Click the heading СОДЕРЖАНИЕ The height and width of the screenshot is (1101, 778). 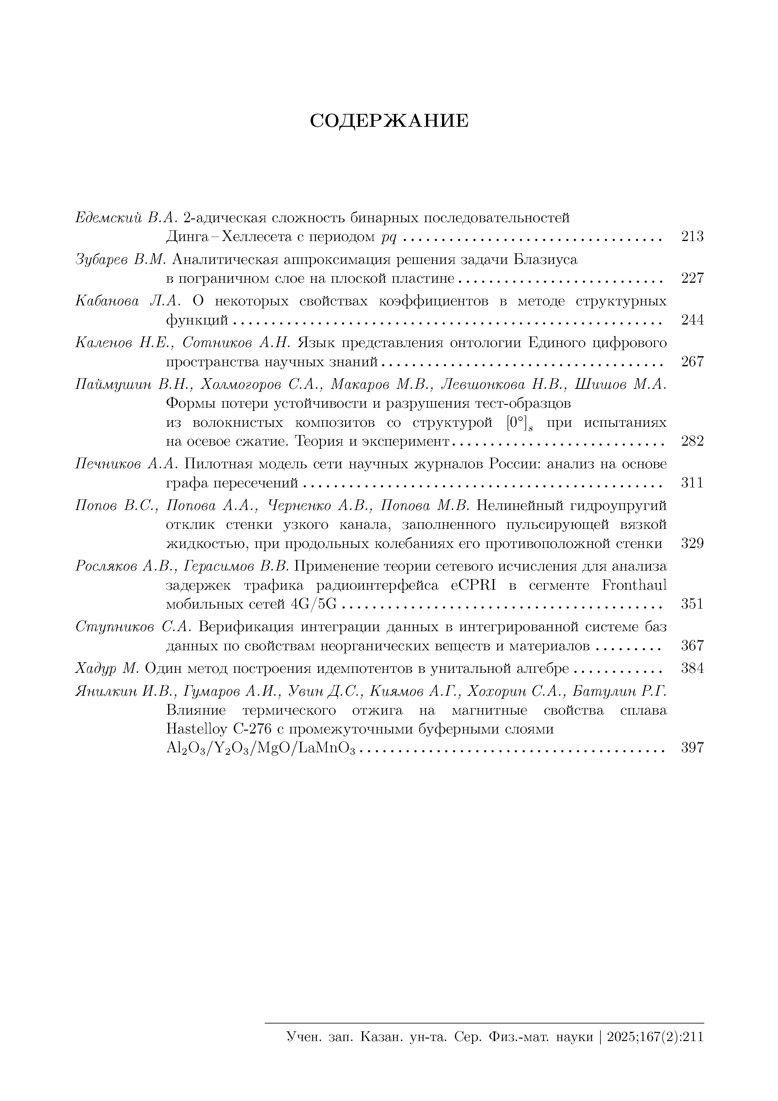pyautogui.click(x=389, y=121)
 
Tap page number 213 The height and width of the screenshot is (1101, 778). pyautogui.click(x=692, y=236)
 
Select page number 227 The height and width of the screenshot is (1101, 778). pyautogui.click(x=692, y=278)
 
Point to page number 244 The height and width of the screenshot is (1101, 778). pyautogui.click(x=692, y=320)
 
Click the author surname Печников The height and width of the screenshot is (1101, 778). pyautogui.click(x=108, y=464)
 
